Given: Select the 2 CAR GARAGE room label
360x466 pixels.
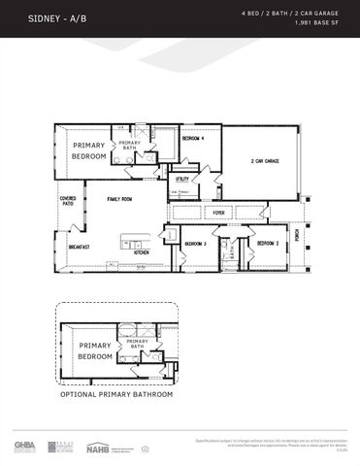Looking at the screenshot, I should [x=265, y=161].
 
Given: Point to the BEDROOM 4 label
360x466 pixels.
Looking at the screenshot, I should [x=194, y=139].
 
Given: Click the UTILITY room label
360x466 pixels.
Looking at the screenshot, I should [x=181, y=180].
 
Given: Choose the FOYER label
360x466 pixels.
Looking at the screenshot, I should [x=219, y=212].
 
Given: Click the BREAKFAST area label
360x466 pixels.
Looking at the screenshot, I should [x=79, y=247].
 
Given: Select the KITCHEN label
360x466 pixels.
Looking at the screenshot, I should [x=141, y=252].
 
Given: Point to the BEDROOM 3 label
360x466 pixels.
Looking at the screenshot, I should [x=196, y=243].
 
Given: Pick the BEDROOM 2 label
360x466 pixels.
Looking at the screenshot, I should [x=268, y=243].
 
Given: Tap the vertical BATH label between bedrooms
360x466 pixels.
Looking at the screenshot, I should [x=232, y=250].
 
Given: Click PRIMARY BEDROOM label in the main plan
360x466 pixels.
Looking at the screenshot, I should [x=89, y=150].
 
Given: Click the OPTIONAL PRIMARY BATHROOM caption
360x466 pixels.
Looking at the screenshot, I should [x=116, y=395].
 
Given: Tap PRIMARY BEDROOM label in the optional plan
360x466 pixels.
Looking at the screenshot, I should [x=95, y=351].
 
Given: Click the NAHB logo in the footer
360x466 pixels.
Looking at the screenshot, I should [x=97, y=448].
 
